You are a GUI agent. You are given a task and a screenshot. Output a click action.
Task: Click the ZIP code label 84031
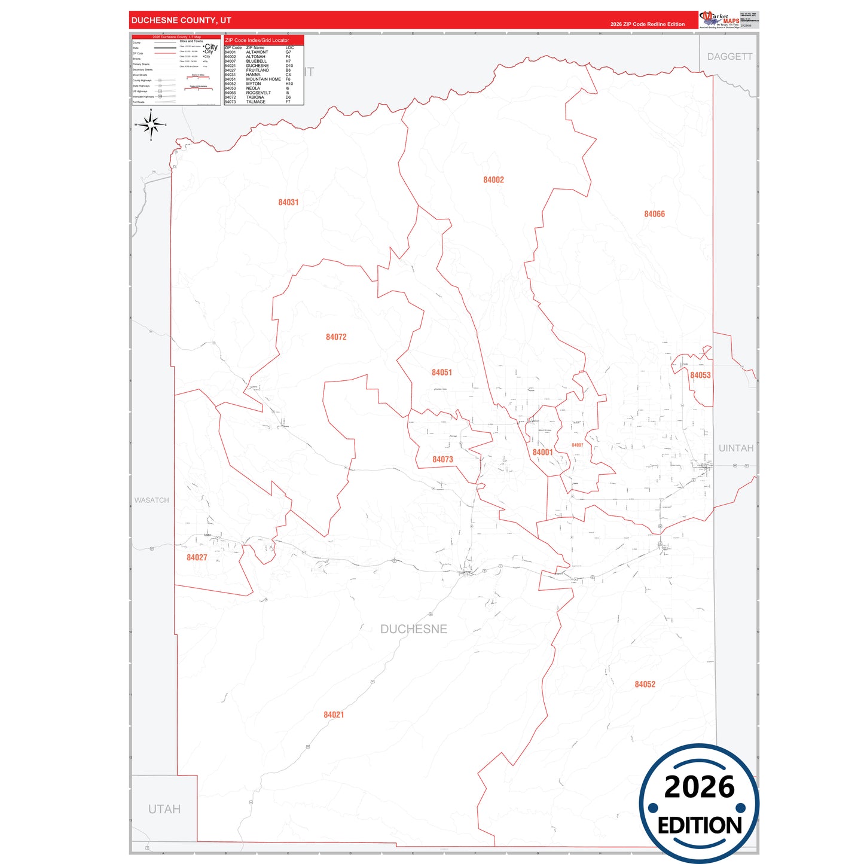click(288, 203)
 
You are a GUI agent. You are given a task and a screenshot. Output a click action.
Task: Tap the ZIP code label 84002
click(493, 180)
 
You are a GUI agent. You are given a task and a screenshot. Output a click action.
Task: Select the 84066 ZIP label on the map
click(654, 214)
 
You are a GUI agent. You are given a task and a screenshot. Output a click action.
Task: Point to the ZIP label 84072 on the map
click(336, 337)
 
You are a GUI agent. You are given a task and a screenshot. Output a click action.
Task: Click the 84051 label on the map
click(442, 373)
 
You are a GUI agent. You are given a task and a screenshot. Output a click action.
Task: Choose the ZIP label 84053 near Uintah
click(700, 375)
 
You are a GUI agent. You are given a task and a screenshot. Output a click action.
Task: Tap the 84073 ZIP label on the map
click(442, 460)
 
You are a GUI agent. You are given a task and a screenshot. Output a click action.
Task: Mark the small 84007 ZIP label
click(577, 445)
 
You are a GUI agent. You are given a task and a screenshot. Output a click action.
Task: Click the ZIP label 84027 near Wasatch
click(197, 558)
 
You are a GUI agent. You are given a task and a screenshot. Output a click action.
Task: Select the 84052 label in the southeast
click(645, 685)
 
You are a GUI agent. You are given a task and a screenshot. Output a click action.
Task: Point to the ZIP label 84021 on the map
click(334, 715)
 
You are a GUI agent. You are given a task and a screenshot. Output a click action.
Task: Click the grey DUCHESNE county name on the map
click(414, 629)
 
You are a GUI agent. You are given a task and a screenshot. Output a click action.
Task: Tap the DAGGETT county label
click(729, 57)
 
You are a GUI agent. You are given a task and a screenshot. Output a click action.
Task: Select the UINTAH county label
click(735, 448)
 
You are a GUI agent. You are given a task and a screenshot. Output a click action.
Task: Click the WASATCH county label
click(151, 500)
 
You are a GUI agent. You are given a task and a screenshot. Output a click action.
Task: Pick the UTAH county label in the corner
click(164, 810)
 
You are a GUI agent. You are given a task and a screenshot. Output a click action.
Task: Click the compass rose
click(151, 125)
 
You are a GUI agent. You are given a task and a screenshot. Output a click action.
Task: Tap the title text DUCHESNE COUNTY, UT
click(181, 20)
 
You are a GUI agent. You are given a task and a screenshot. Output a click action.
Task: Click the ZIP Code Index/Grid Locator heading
click(257, 40)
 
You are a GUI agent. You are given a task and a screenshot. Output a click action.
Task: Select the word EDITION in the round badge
click(700, 826)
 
